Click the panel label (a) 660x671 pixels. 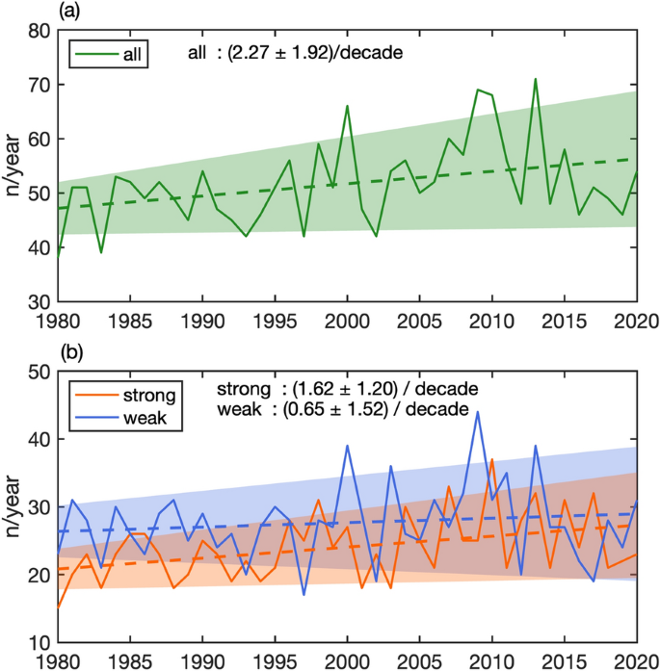click(x=69, y=12)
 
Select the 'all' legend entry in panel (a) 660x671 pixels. click(x=105, y=54)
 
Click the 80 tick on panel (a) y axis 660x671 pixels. click(x=38, y=31)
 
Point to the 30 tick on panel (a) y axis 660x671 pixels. click(x=38, y=301)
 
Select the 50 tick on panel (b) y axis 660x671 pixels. click(x=38, y=372)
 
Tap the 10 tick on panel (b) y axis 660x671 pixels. click(x=38, y=642)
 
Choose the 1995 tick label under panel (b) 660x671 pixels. click(x=275, y=661)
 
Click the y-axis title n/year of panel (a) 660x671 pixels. click(x=13, y=166)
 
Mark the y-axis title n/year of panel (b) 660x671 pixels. click(x=13, y=506)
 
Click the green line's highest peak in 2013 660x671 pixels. click(x=535, y=79)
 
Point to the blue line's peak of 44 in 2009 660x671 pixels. click(x=477, y=412)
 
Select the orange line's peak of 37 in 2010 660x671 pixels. click(x=491, y=459)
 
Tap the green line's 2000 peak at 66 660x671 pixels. click(x=347, y=106)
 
